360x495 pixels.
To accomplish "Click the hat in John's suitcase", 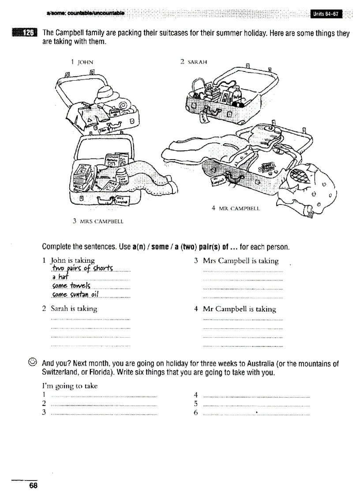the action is [107, 94].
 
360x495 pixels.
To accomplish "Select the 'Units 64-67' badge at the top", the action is [326, 14].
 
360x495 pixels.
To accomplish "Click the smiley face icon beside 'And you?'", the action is [31, 364].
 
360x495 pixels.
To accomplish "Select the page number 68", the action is [33, 486].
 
